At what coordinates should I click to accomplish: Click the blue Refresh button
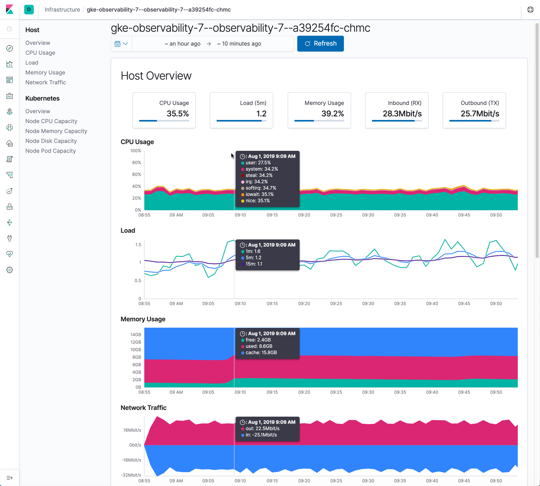(x=320, y=44)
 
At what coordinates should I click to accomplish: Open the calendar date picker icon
(x=118, y=44)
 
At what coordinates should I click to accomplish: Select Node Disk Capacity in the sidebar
(x=51, y=141)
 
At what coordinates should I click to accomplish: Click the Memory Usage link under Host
(x=45, y=72)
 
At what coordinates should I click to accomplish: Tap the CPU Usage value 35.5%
(x=177, y=114)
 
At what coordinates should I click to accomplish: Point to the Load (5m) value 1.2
(x=261, y=114)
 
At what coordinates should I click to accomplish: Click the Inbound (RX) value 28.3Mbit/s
(x=402, y=114)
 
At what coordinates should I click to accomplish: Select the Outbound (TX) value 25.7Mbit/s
(x=480, y=114)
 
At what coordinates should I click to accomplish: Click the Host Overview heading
(x=156, y=76)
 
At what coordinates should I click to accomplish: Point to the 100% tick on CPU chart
(x=136, y=151)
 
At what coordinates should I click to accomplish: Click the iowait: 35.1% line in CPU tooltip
(x=260, y=194)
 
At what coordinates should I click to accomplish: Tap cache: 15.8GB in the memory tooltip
(x=261, y=353)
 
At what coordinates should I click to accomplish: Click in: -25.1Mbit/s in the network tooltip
(x=261, y=435)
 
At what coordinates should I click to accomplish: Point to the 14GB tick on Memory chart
(x=136, y=334)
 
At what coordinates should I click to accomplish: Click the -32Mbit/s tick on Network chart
(x=131, y=475)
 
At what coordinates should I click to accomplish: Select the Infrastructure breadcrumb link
(x=62, y=9)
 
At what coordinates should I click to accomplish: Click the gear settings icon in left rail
(x=9, y=270)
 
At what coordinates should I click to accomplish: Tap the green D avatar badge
(x=29, y=9)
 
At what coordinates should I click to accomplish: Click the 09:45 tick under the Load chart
(x=464, y=304)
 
